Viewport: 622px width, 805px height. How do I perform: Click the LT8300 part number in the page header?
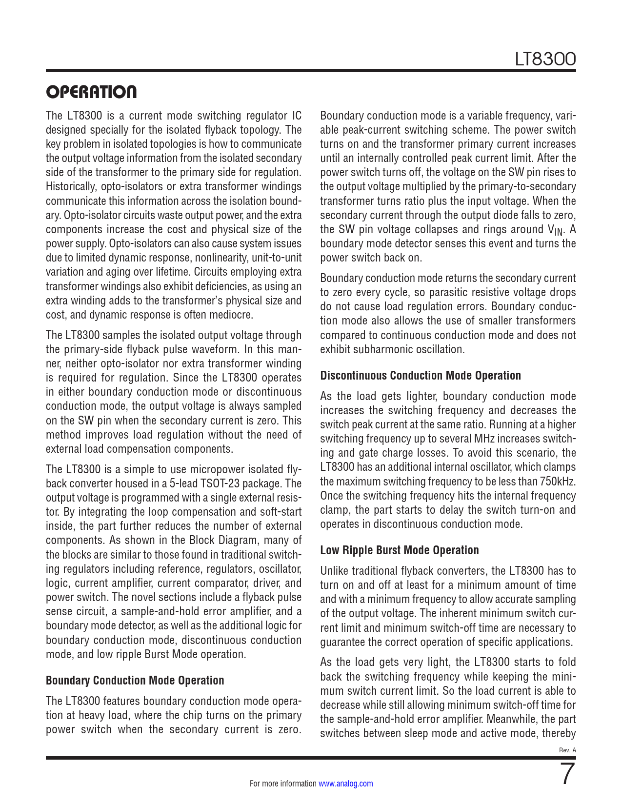click(545, 60)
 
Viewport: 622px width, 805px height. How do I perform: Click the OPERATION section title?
click(91, 92)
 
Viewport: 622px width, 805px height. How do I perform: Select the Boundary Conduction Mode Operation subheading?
click(135, 681)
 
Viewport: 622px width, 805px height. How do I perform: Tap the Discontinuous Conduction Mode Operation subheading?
click(421, 376)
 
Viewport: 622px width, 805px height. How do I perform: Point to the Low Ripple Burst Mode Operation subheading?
click(400, 550)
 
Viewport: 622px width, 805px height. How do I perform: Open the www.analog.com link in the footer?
click(346, 784)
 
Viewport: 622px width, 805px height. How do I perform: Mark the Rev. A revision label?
click(567, 750)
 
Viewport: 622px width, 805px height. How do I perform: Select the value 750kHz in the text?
click(558, 482)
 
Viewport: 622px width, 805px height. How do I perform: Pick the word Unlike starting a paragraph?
click(334, 571)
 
